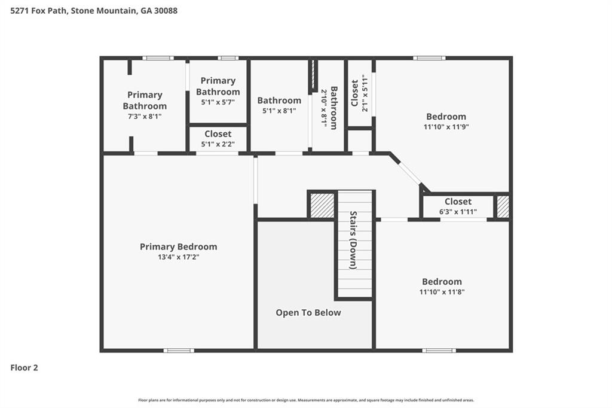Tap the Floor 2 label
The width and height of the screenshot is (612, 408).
click(24, 368)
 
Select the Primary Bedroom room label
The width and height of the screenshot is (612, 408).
click(178, 246)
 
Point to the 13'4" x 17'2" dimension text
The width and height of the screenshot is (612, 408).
click(178, 257)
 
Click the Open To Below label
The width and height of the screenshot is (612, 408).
click(308, 312)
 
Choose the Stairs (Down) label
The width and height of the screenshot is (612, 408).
click(353, 240)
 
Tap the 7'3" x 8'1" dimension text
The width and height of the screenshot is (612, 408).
click(145, 117)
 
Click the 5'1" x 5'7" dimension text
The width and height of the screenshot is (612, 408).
click(218, 102)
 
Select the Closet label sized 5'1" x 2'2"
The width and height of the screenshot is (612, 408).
click(218, 134)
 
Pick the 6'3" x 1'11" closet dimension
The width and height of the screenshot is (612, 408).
click(458, 211)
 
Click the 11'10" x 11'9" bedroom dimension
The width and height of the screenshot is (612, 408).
click(446, 127)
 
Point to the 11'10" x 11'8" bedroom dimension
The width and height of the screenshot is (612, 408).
click(442, 292)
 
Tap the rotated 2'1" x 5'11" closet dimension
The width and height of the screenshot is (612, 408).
click(364, 93)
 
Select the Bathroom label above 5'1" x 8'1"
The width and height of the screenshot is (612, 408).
click(279, 101)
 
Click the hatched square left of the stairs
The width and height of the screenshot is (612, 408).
click(322, 205)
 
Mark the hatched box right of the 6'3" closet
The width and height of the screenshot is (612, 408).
click(503, 207)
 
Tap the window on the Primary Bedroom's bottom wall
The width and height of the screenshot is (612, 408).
click(179, 350)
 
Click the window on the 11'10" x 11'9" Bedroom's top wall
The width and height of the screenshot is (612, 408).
click(429, 58)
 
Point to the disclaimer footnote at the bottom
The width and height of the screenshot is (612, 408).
click(306, 400)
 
